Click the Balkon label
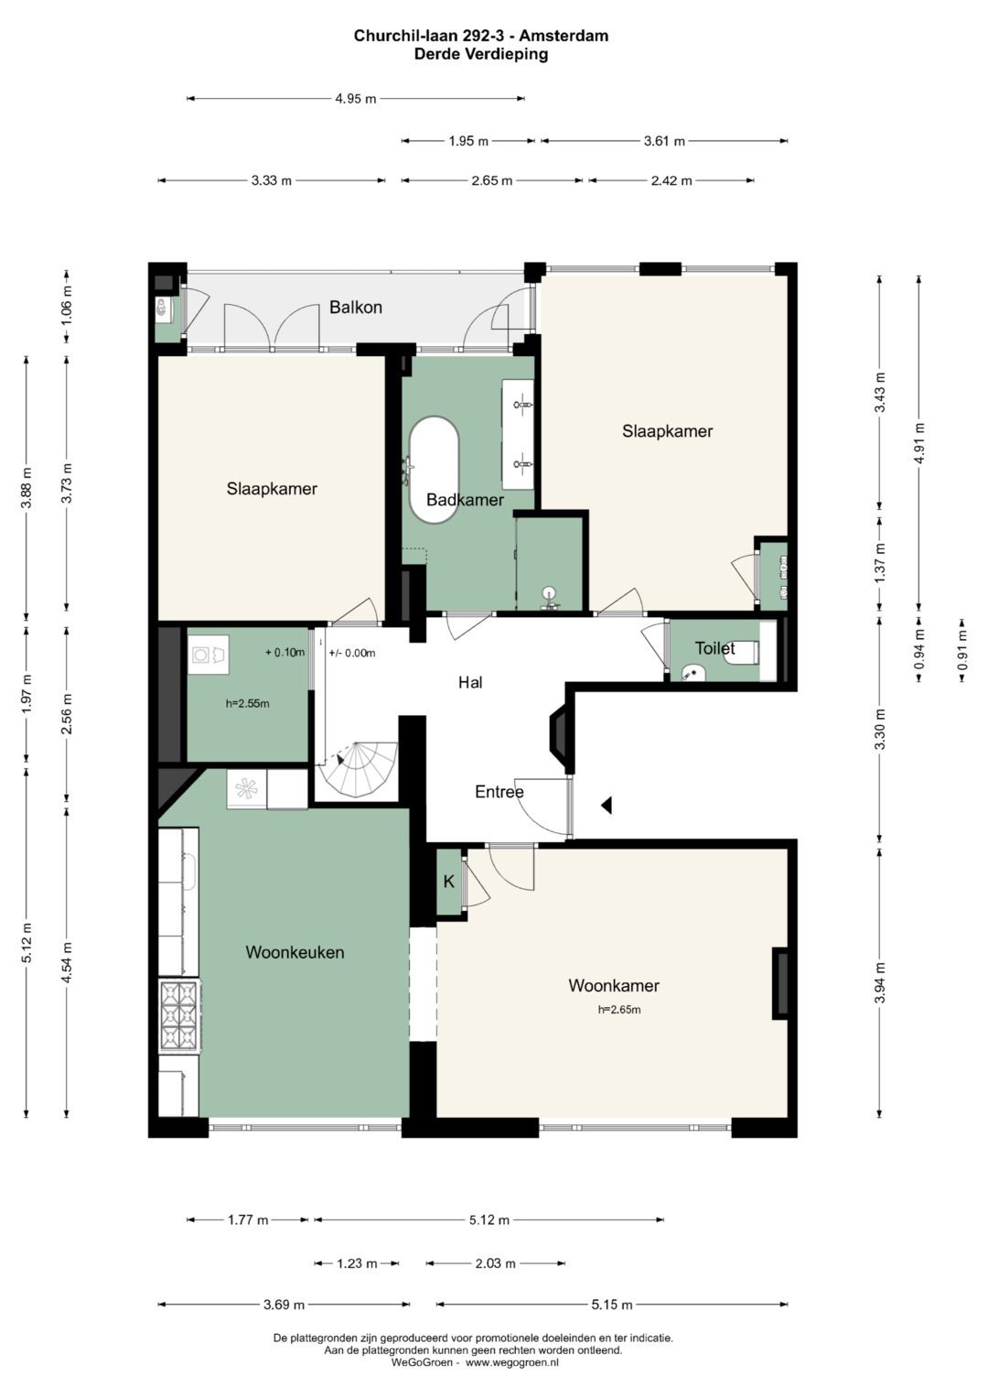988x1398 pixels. [x=356, y=307]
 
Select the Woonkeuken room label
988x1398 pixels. [x=295, y=952]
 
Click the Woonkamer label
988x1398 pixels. [x=614, y=985]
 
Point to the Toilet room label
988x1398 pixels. [x=714, y=648]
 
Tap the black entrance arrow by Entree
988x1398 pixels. [x=607, y=806]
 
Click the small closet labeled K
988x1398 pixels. [x=448, y=882]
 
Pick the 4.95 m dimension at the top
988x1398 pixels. [x=356, y=99]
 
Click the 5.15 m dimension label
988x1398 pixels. [x=612, y=1305]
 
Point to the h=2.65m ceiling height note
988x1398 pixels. [x=619, y=1009]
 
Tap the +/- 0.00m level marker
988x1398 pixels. [x=352, y=653]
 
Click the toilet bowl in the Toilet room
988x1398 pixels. [x=746, y=653]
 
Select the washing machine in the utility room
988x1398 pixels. [x=209, y=654]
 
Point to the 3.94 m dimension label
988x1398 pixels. [x=880, y=983]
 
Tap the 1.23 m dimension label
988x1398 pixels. [x=357, y=1263]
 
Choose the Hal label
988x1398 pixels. [x=470, y=682]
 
